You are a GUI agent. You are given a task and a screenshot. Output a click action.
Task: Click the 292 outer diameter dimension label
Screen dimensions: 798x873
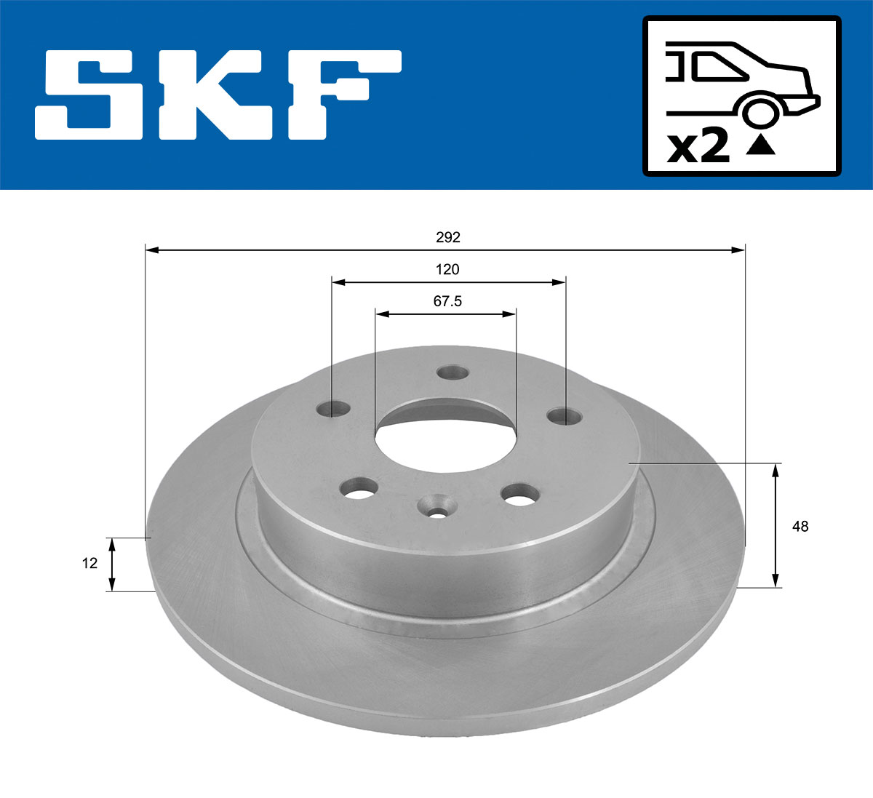click(x=447, y=237)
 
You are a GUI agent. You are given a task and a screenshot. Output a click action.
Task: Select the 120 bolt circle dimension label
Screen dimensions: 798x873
click(x=447, y=269)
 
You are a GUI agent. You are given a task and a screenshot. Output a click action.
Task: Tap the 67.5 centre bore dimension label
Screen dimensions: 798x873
click(x=447, y=300)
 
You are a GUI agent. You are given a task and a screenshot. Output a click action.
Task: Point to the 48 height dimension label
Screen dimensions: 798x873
click(x=800, y=526)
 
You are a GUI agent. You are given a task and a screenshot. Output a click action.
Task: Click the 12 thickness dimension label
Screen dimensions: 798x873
click(x=89, y=563)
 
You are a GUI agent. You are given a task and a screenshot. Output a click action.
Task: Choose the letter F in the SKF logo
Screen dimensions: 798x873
click(x=342, y=95)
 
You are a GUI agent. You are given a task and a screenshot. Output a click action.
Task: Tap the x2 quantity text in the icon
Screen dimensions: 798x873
click(x=698, y=147)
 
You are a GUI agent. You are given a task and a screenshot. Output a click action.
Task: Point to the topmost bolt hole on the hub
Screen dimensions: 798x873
click(x=453, y=372)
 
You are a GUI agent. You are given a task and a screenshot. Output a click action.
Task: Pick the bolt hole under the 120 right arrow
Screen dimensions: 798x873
click(x=565, y=416)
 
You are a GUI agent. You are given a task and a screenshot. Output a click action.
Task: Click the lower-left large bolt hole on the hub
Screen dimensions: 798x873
click(x=359, y=488)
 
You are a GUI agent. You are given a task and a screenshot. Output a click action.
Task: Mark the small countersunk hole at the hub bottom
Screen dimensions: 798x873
click(x=437, y=506)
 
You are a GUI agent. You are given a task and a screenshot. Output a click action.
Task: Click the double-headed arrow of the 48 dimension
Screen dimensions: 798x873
click(x=776, y=526)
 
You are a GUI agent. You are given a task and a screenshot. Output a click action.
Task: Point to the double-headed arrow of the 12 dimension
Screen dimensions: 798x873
click(x=111, y=564)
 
